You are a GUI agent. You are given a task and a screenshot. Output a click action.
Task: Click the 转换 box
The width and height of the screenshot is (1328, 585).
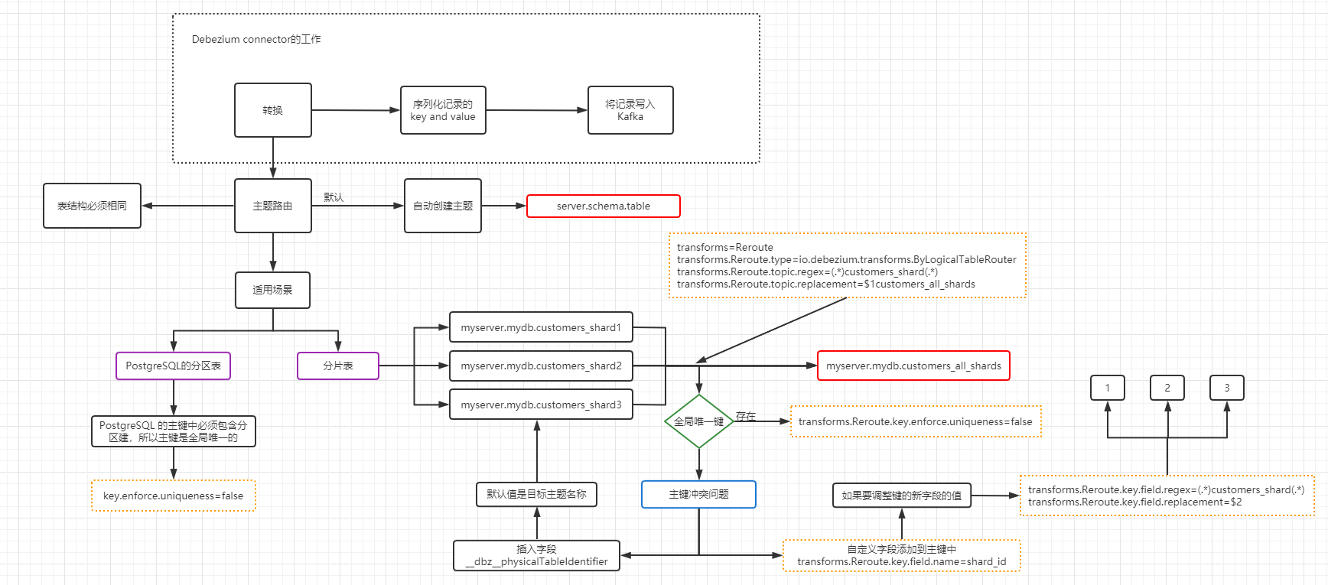point(272,110)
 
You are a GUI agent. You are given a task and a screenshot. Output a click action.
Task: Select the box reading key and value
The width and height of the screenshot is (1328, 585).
point(443,110)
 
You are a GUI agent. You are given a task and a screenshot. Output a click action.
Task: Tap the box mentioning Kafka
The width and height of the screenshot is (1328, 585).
point(630,110)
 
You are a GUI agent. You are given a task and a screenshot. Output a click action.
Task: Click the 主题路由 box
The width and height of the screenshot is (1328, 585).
point(272,206)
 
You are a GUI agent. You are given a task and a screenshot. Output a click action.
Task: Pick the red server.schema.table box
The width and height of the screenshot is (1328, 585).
point(603,206)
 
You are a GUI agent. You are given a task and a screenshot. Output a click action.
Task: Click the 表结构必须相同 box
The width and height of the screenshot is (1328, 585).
point(92,206)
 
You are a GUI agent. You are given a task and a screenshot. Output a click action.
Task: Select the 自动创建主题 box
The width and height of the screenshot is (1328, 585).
point(443,206)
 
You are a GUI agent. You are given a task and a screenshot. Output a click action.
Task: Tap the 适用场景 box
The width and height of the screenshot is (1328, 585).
point(272,290)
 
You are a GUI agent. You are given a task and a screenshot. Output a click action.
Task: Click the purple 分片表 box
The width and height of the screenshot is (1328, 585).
point(337,366)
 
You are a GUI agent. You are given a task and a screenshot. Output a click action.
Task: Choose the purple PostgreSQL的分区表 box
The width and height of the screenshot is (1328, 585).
point(173,366)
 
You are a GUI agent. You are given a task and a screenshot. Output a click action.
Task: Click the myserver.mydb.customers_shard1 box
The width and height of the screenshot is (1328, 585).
point(541,327)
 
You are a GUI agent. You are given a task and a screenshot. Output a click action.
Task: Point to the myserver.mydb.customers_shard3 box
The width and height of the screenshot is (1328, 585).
point(541,405)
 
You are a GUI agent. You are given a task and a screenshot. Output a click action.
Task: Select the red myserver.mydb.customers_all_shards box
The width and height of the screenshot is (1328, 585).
point(913,366)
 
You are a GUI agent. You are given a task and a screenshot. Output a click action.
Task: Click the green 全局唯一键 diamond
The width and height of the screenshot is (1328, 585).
point(698,421)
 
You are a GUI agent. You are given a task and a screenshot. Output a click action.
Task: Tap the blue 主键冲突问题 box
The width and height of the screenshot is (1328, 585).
point(698,494)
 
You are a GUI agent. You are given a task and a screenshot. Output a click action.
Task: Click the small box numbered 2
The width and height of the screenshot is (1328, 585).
point(1167,388)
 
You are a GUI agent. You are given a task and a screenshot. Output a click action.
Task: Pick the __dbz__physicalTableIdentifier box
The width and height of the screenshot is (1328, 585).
point(536,555)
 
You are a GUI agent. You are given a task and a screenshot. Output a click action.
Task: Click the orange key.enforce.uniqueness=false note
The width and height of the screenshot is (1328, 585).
point(173,496)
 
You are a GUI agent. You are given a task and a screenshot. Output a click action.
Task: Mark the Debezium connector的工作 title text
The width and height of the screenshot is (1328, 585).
point(256,39)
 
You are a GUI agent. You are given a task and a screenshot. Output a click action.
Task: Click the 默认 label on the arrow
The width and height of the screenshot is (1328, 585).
point(334,197)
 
